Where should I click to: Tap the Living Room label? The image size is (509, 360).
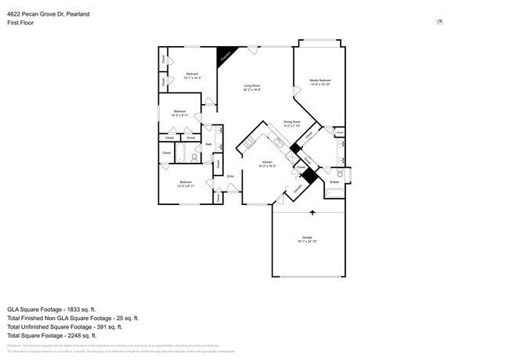click(x=251, y=87)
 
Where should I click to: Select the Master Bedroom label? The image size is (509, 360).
click(x=319, y=82)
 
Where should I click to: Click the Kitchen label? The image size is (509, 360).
click(x=267, y=164)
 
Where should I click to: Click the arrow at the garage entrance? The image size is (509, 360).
click(x=312, y=212)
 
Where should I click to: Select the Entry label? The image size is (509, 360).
click(x=230, y=176)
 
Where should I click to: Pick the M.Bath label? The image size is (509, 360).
click(x=334, y=182)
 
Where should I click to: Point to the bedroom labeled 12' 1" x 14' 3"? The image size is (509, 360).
click(x=192, y=76)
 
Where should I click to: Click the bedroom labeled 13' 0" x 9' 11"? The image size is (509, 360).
click(x=186, y=184)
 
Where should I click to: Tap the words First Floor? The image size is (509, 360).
click(x=20, y=23)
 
